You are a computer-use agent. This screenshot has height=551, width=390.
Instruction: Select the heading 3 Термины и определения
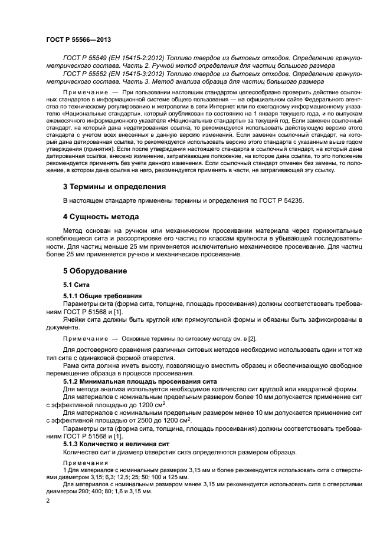point(114,187)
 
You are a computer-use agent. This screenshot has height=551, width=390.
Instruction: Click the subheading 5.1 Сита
point(76,285)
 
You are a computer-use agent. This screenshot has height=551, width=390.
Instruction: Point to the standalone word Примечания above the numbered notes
point(82,463)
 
